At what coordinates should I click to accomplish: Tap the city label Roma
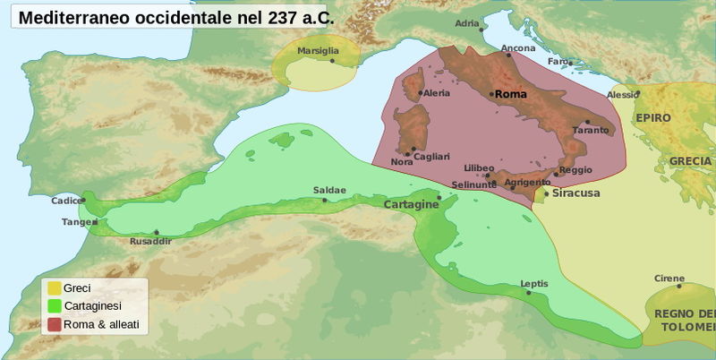(x=510, y=94)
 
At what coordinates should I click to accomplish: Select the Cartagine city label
(x=410, y=205)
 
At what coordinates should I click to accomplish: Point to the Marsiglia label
(x=319, y=51)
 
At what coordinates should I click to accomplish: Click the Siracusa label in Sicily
(x=575, y=193)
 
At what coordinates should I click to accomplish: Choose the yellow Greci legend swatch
(x=54, y=288)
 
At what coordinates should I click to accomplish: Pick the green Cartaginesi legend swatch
(x=54, y=306)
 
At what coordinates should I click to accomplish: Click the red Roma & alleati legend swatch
(x=54, y=324)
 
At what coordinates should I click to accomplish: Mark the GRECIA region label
(x=690, y=161)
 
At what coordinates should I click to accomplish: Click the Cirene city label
(x=669, y=279)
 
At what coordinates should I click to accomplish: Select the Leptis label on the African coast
(x=534, y=284)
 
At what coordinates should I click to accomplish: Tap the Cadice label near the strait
(x=66, y=201)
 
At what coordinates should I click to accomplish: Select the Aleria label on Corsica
(x=436, y=93)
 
